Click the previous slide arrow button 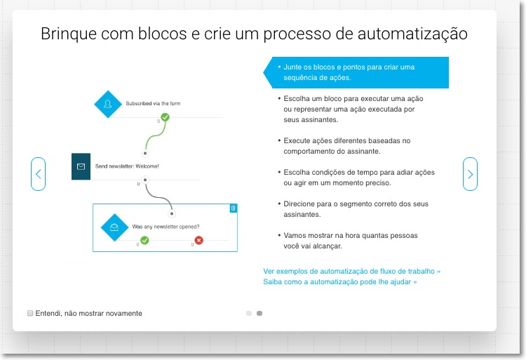[38, 174]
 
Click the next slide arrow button [470, 174]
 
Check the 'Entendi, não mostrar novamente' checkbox [30, 313]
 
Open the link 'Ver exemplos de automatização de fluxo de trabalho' [351, 271]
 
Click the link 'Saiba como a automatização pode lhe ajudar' [339, 281]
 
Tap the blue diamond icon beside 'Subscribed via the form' [108, 104]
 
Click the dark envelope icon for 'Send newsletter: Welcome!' [81, 166]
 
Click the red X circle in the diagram [198, 241]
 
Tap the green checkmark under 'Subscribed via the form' [165, 117]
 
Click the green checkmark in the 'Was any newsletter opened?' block [144, 241]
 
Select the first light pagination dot [249, 314]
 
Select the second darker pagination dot [259, 314]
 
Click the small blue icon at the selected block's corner [234, 208]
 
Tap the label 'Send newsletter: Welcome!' [127, 166]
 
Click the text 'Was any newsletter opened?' [166, 227]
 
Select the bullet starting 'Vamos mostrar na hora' [351, 241]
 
